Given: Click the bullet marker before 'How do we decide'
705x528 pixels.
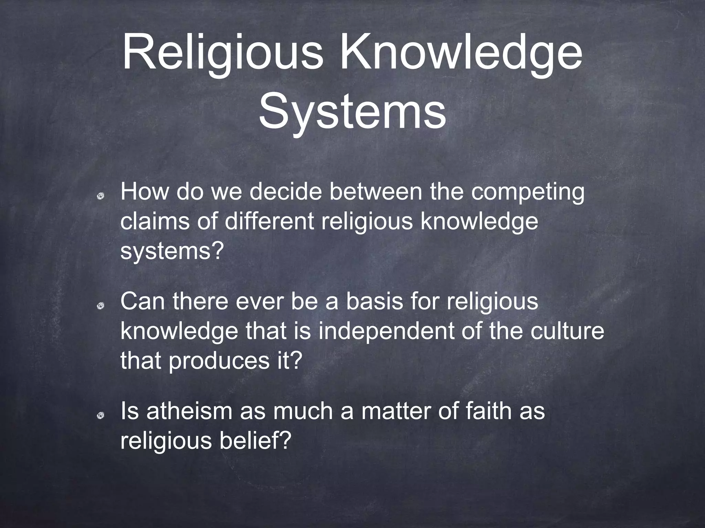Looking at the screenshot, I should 101,196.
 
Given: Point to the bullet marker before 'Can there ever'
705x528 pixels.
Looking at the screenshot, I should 101,306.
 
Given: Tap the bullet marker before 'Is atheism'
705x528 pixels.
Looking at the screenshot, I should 101,416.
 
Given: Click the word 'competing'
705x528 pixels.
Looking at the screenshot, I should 527,193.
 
